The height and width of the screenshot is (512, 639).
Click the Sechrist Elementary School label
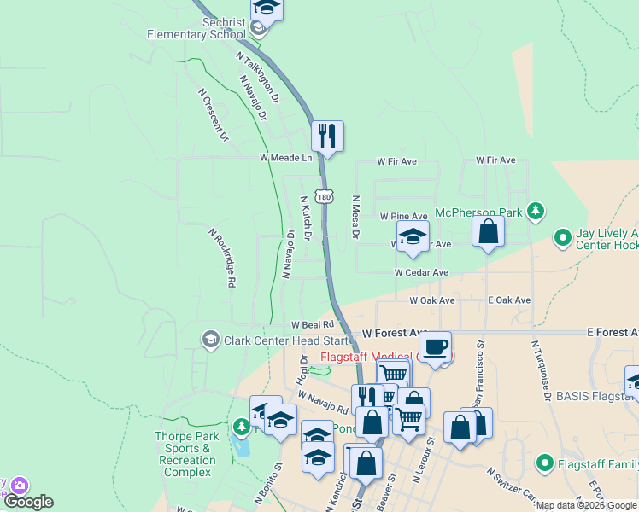[x=196, y=28]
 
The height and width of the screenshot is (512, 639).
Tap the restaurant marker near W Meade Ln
[x=327, y=136]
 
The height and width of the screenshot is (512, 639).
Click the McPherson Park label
[x=478, y=212]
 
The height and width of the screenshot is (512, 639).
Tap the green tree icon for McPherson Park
[x=536, y=210]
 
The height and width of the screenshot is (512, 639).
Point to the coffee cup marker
[x=435, y=346]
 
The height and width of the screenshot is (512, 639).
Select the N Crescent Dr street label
[x=214, y=114]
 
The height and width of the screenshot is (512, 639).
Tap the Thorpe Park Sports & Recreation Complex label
[x=187, y=454]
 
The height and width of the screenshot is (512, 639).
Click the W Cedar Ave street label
[x=421, y=272]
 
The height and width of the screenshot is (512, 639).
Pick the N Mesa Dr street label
[x=357, y=217]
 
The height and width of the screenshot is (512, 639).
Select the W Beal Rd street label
[x=311, y=325]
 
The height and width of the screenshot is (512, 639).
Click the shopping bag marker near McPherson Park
[x=488, y=231]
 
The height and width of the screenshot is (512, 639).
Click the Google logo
[x=29, y=502]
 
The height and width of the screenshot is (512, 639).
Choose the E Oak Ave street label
[x=509, y=300]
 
